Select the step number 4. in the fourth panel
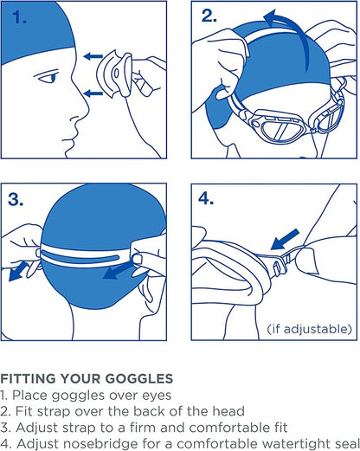[209, 199]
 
